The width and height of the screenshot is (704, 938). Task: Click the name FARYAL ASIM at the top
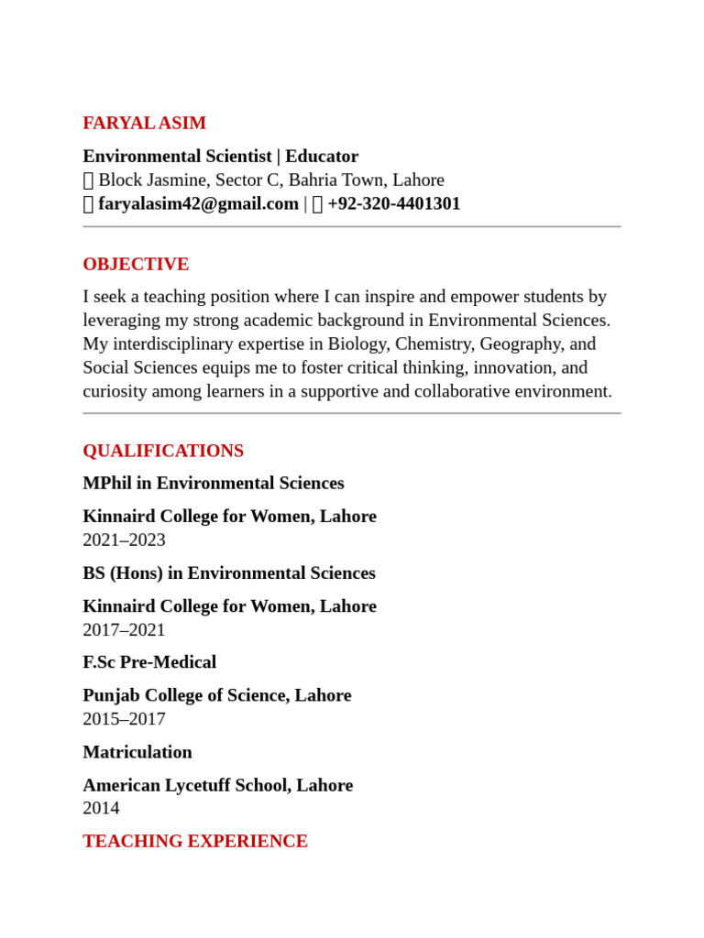point(144,123)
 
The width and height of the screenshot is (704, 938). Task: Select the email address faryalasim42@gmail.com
point(198,203)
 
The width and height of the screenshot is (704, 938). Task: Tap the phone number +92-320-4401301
point(393,203)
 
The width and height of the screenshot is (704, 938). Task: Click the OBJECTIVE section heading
point(136,264)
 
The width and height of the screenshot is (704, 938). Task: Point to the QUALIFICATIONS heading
point(163,451)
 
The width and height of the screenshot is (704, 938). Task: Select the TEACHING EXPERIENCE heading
point(195,841)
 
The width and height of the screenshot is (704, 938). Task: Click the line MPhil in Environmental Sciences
point(214,483)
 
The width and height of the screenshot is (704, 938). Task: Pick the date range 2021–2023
point(124,540)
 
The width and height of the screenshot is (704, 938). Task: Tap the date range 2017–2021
point(124,629)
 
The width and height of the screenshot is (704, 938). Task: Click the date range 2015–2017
point(124,719)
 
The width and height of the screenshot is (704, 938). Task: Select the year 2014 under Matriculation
point(101,808)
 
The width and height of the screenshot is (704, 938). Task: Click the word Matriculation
point(137,752)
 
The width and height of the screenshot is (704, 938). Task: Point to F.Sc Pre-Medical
point(149,661)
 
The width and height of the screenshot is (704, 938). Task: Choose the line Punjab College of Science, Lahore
point(217,695)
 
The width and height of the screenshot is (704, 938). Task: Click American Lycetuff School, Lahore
point(217,785)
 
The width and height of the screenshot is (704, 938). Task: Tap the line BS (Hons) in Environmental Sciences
point(229,573)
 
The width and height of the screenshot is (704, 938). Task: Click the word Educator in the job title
point(322,156)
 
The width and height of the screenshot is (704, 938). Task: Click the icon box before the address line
point(88,180)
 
